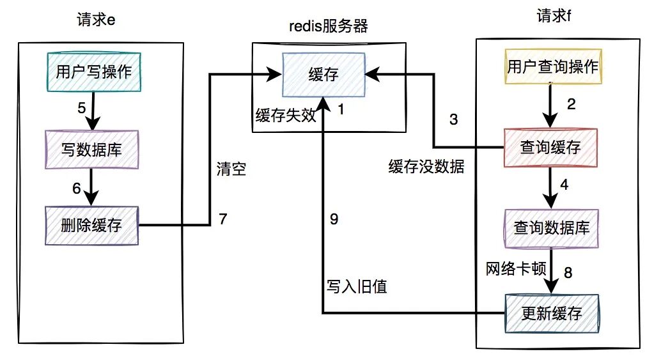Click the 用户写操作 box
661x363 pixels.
[x=93, y=72]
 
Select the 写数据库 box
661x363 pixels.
[x=91, y=149]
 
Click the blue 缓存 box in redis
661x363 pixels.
[x=324, y=75]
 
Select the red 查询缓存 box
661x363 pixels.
[x=550, y=148]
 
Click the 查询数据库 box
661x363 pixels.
[x=551, y=228]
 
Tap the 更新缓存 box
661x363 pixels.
[x=551, y=313]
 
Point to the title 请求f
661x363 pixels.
[x=553, y=16]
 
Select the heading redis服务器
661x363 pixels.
[x=329, y=27]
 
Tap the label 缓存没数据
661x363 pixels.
[x=426, y=167]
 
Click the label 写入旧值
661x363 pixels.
[x=357, y=287]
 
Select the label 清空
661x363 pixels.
[x=231, y=171]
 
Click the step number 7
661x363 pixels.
[x=222, y=219]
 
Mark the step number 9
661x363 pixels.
[x=334, y=219]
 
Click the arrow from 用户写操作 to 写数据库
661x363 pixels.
[x=93, y=110]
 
